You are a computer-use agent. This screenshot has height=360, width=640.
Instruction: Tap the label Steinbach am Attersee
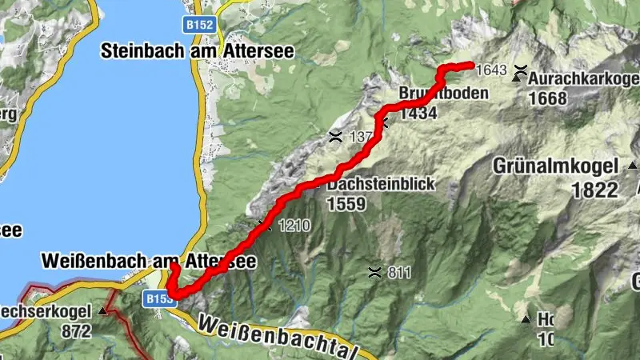[x=198, y=51]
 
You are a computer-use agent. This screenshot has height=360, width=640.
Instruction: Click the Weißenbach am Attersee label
[x=149, y=261]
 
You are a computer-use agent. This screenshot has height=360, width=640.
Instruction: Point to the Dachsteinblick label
[x=380, y=184]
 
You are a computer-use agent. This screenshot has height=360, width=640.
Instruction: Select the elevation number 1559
[x=346, y=203]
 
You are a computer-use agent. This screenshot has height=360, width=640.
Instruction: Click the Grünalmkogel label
[x=555, y=167]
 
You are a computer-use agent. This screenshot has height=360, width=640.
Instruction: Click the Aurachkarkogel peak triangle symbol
[x=518, y=78]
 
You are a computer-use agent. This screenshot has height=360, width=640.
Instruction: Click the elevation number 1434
[x=418, y=113]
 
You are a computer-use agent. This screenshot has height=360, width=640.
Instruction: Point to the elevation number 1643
[x=491, y=70]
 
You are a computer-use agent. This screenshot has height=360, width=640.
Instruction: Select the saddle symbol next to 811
[x=374, y=272]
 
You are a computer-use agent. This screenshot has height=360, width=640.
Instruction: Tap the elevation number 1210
[x=294, y=226]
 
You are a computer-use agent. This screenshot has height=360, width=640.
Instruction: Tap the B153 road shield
[x=158, y=298]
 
